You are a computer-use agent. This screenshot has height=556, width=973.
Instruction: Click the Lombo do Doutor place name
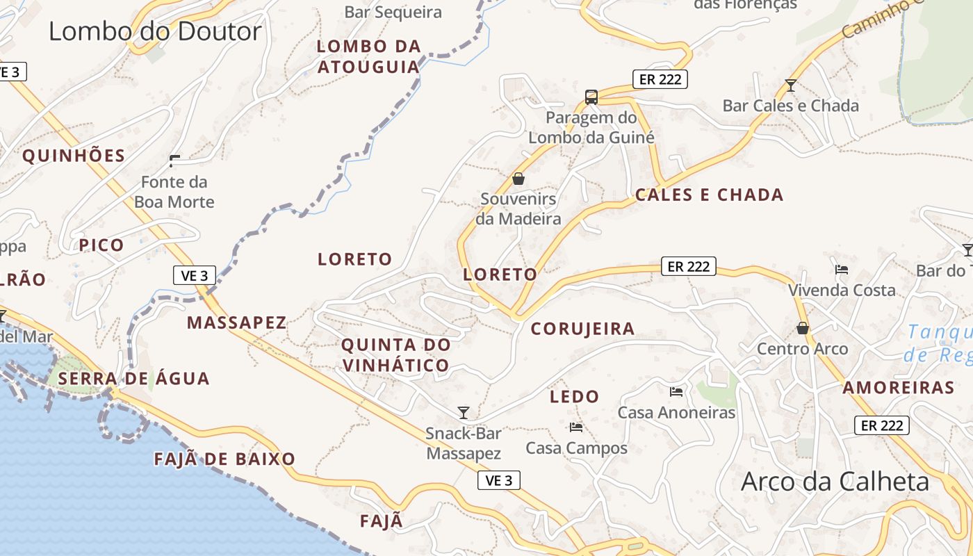[155, 31]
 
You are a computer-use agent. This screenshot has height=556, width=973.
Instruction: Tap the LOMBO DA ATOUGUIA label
[369, 56]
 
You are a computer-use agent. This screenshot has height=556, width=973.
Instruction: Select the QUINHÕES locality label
[74, 156]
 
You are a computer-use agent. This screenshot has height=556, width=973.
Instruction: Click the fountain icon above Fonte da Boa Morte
[174, 161]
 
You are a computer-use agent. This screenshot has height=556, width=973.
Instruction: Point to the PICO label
[101, 245]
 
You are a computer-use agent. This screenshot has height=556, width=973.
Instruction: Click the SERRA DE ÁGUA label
[133, 379]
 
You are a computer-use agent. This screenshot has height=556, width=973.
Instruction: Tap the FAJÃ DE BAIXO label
[224, 459]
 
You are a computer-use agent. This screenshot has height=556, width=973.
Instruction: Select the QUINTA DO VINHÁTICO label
[395, 354]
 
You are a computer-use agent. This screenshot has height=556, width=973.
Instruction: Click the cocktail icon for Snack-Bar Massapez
[464, 413]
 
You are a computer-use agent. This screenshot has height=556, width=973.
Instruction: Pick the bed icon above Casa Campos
[575, 427]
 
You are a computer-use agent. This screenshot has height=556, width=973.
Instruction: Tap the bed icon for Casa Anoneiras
[676, 392]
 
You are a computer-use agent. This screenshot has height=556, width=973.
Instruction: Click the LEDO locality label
[574, 397]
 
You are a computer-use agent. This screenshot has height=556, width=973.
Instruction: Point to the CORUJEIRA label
[582, 329]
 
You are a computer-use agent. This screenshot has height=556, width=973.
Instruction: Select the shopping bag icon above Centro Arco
[803, 328]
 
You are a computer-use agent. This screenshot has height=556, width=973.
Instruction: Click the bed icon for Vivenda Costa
[842, 269]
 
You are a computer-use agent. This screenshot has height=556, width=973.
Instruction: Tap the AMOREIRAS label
[899, 388]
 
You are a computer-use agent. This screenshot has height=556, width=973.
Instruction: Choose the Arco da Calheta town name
[835, 481]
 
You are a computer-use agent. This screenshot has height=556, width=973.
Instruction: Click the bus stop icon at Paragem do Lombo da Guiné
[591, 97]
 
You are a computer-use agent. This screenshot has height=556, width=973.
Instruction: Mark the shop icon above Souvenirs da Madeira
[518, 179]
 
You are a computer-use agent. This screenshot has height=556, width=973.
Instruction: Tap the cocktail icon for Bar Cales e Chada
[790, 85]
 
